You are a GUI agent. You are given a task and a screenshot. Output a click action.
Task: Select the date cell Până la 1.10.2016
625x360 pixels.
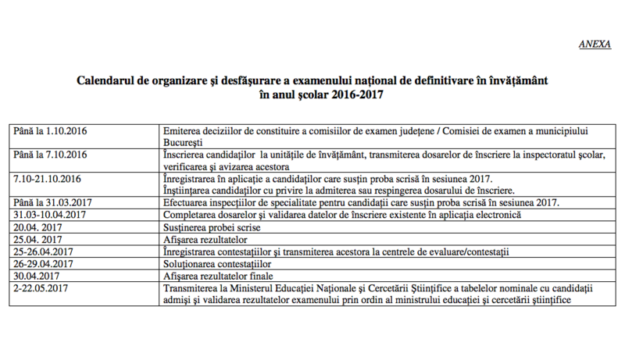point(48,130)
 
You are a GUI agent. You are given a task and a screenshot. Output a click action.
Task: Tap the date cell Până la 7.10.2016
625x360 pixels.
point(48,155)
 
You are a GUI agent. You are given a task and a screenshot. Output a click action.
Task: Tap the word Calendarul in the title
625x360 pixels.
point(108,80)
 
